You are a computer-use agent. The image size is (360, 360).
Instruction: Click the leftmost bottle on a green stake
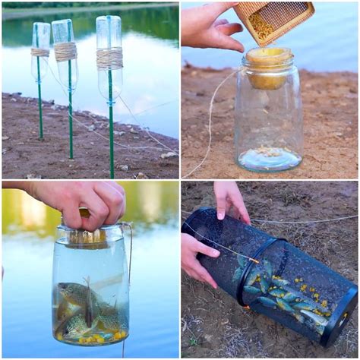click(x=40, y=46)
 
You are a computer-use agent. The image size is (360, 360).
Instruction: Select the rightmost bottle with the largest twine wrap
click(x=109, y=57)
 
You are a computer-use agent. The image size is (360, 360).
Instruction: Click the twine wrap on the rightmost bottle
click(x=109, y=58)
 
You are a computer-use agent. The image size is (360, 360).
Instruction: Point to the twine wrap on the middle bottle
click(x=65, y=52)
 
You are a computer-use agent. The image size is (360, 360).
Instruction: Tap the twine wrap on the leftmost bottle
click(x=40, y=52)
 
